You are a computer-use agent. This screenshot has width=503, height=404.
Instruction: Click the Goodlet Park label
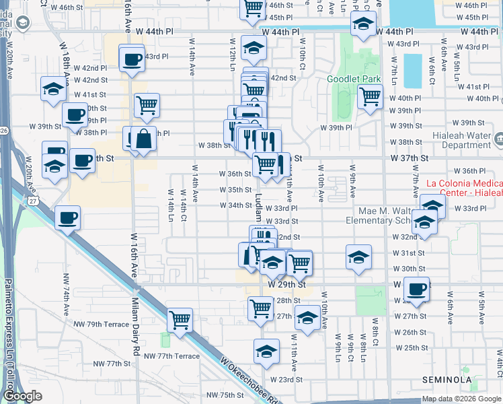354,79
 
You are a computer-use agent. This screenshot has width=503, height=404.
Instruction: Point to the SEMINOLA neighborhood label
447,380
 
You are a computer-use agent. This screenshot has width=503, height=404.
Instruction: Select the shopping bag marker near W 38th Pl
143,139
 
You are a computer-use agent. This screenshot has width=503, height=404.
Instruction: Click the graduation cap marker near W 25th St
266,351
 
